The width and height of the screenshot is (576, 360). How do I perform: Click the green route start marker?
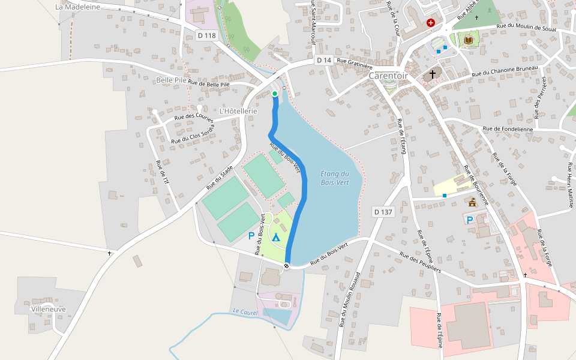click(x=275, y=94)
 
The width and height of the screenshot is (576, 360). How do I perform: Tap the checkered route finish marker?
click(x=287, y=266)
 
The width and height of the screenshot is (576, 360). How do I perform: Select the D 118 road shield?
click(x=206, y=35)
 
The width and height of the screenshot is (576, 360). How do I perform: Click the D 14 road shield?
click(x=324, y=60)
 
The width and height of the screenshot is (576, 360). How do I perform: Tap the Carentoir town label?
click(x=388, y=76)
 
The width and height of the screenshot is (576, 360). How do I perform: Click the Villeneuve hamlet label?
click(x=48, y=309)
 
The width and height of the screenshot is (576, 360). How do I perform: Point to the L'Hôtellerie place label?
click(x=238, y=111)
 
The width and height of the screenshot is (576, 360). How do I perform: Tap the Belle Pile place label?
click(x=171, y=80)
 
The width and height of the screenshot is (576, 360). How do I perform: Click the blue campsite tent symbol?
click(x=276, y=237)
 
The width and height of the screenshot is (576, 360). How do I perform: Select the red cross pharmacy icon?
click(x=430, y=23)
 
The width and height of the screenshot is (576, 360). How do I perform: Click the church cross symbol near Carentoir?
click(x=432, y=74)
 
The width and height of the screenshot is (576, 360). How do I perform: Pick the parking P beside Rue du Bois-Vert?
click(x=251, y=236)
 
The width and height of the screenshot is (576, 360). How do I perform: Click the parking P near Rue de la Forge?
click(x=470, y=220)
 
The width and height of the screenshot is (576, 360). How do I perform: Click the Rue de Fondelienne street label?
click(x=508, y=128)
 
